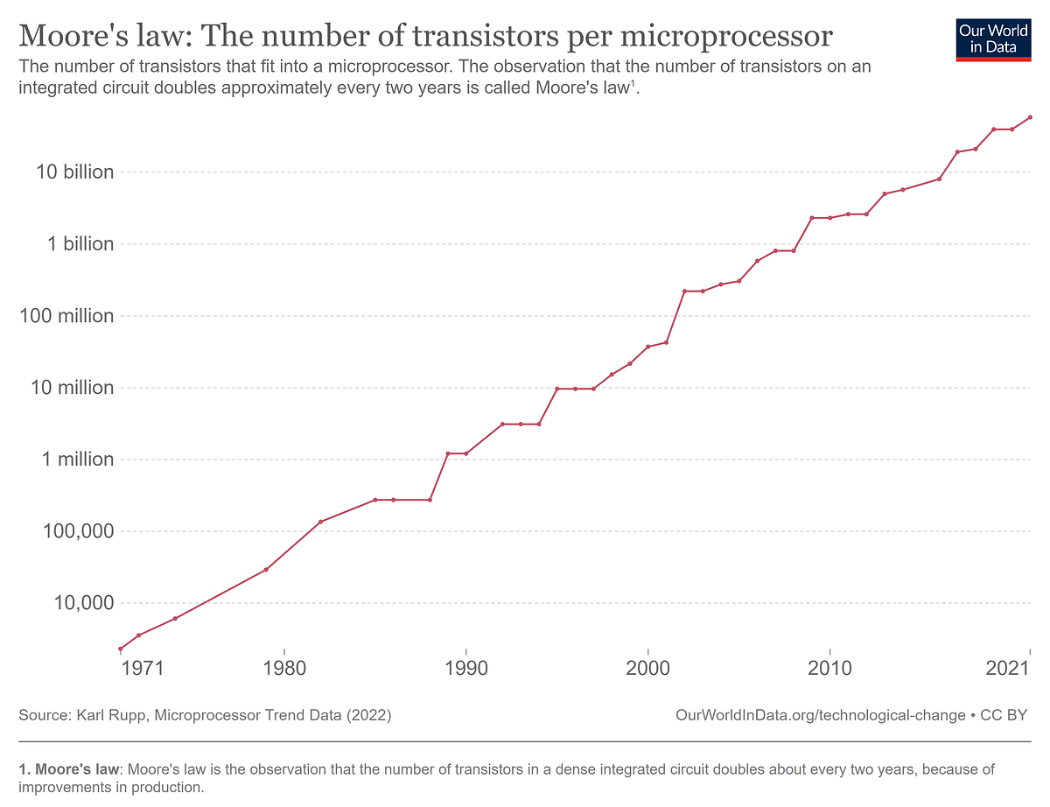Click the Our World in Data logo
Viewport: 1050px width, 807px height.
coord(993,38)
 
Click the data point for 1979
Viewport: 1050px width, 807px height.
coord(266,570)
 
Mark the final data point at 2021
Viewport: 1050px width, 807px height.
coord(1030,117)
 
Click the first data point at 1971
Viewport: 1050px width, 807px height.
coord(120,649)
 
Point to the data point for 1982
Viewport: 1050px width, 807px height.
coord(320,522)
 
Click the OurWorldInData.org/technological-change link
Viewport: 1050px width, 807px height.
coord(821,715)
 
